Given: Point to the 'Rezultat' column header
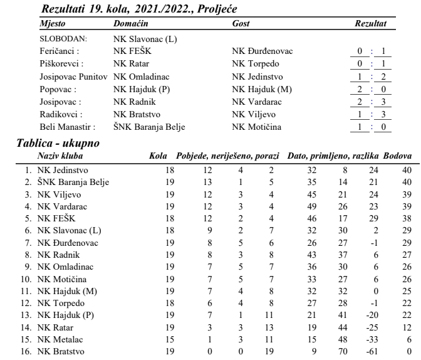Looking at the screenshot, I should [x=370, y=22].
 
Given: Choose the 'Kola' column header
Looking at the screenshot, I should [x=159, y=154].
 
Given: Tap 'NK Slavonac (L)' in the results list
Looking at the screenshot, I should [x=145, y=39].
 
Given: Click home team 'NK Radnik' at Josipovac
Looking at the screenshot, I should [x=133, y=100].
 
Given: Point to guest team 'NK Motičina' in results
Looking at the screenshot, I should [x=256, y=127].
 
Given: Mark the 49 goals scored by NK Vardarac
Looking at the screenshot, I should [x=304, y=205].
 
